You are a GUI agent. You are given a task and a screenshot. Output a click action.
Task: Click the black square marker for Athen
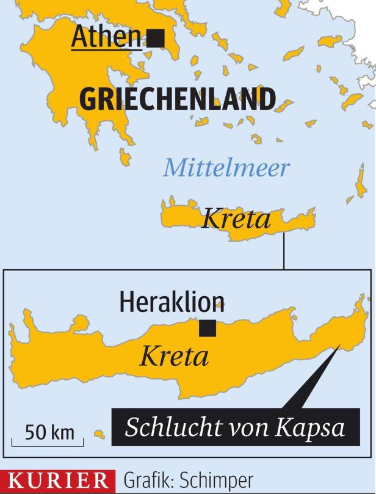[156, 38]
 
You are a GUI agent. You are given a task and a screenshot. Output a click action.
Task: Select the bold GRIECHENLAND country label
[177, 99]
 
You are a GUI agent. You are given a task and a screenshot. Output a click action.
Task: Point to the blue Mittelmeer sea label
[225, 167]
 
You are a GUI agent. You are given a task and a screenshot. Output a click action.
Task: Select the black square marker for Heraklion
[208, 328]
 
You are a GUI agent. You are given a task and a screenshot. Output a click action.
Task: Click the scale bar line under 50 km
[49, 445]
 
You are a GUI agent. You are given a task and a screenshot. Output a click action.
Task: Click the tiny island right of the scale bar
[99, 434]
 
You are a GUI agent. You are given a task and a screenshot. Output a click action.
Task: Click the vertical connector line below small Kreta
[284, 251]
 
